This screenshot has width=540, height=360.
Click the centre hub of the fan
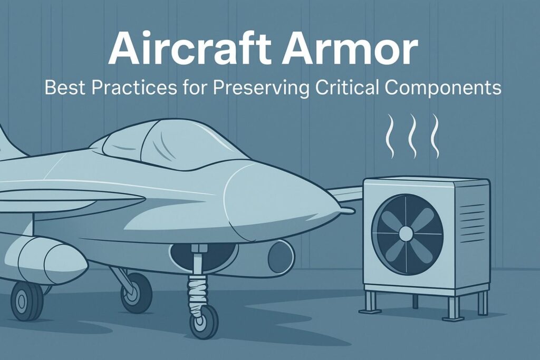pos(407,233)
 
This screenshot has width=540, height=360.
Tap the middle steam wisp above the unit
pos(412,136)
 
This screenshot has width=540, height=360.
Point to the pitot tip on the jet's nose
pos(346,211)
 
